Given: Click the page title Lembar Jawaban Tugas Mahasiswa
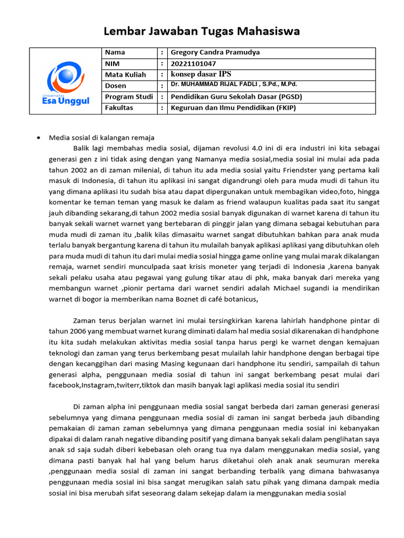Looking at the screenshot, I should tap(201, 31).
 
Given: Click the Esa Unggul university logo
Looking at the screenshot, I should tap(64, 81).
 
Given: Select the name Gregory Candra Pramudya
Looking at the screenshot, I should tap(215, 53).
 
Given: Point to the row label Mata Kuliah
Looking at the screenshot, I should tap(126, 75).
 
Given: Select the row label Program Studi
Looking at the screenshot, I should tap(129, 97).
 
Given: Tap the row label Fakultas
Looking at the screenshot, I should tap(119, 108).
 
